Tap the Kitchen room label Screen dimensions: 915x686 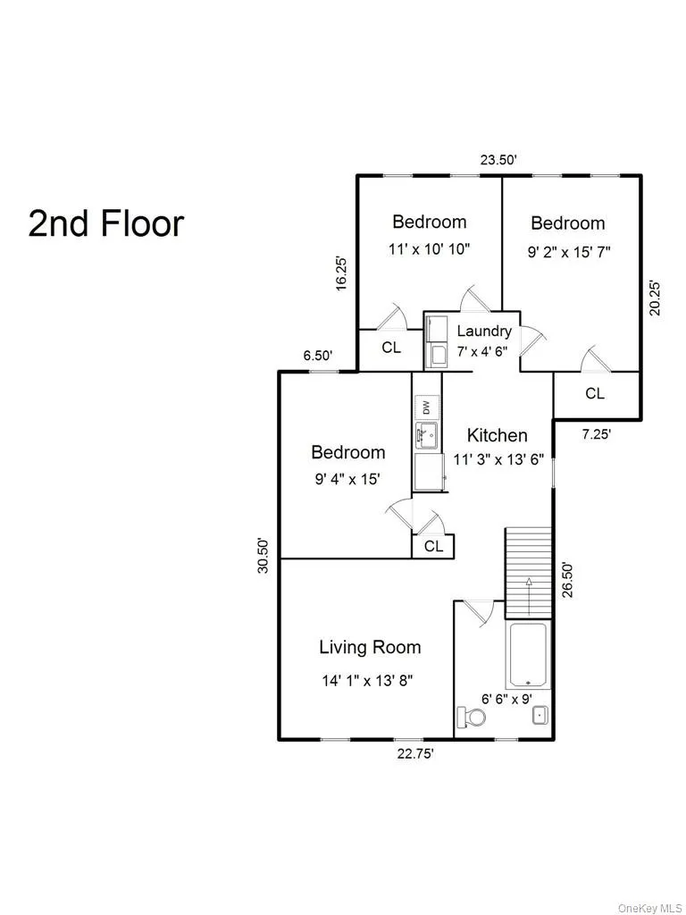(498, 435)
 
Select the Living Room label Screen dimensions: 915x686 (370, 647)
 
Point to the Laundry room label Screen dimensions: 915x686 (484, 332)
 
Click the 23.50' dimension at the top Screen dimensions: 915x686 (498, 161)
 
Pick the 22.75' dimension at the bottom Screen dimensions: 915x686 (415, 753)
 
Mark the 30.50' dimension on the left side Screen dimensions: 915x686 (264, 555)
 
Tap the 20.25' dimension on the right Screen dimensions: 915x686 (655, 298)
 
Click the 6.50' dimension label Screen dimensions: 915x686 (318, 356)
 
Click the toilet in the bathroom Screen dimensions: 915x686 (471, 717)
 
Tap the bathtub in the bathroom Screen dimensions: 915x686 (528, 655)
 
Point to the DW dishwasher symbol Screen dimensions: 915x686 (426, 407)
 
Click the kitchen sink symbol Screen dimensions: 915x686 (425, 437)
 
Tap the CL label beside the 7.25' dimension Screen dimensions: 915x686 (594, 393)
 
